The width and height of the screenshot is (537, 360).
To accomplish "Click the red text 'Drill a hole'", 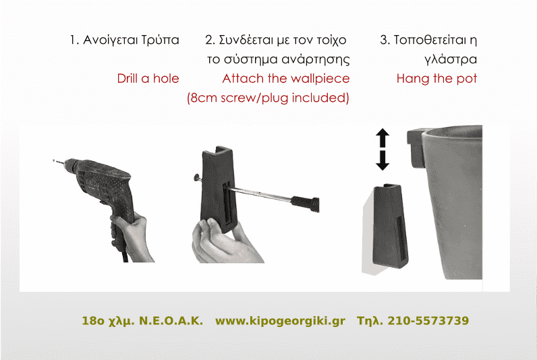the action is (x=148, y=78).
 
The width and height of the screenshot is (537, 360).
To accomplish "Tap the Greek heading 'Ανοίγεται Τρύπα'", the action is (x=131, y=40).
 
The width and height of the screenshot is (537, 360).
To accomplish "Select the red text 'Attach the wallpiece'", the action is (x=285, y=78).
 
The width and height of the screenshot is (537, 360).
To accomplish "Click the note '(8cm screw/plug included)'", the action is (x=268, y=98).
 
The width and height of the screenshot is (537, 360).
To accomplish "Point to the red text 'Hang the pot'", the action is (x=436, y=78).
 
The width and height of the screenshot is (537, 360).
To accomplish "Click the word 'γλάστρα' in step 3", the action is (x=451, y=60).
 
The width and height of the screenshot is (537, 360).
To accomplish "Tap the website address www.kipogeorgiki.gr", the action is (x=280, y=321).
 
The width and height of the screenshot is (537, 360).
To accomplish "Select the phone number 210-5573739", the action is (x=428, y=321).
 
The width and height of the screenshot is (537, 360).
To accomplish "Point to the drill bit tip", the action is (x=53, y=160).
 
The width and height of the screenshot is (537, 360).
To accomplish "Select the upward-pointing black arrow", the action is (x=383, y=138).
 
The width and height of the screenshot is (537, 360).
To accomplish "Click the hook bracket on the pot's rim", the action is (x=416, y=148).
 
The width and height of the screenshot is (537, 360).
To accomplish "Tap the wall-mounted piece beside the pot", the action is (x=390, y=225).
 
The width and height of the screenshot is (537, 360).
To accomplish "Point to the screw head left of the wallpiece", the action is (x=196, y=177).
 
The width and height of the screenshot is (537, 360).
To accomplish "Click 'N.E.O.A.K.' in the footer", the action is (x=171, y=321).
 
